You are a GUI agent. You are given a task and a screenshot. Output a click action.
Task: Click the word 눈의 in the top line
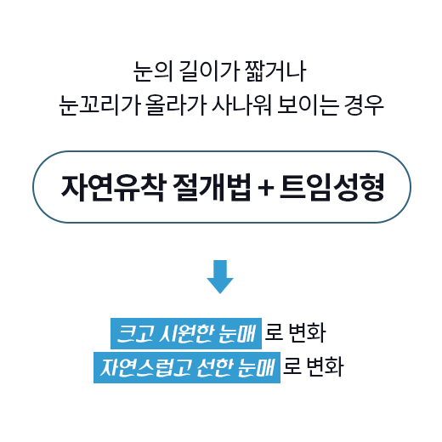153,71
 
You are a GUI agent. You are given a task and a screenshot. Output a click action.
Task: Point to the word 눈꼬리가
99,105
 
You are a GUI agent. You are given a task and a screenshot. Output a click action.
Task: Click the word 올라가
176,105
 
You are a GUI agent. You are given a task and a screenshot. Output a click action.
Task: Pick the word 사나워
241,105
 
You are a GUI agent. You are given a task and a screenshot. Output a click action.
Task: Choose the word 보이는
308,105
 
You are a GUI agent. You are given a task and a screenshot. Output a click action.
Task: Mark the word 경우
364,105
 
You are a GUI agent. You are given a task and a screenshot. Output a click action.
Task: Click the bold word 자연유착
113,187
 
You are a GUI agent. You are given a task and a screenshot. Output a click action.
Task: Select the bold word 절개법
212,187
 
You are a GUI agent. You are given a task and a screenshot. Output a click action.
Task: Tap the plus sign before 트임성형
266,188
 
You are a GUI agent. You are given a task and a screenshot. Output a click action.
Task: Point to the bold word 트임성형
332,187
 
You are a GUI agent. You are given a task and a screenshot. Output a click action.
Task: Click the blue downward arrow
220,276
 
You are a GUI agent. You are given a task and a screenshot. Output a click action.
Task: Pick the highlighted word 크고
135,333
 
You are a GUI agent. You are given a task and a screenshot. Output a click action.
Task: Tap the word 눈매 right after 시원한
237,333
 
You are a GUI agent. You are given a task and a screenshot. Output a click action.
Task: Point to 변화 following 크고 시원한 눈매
307,333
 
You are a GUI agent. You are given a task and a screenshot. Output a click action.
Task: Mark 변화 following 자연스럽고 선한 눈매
326,367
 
